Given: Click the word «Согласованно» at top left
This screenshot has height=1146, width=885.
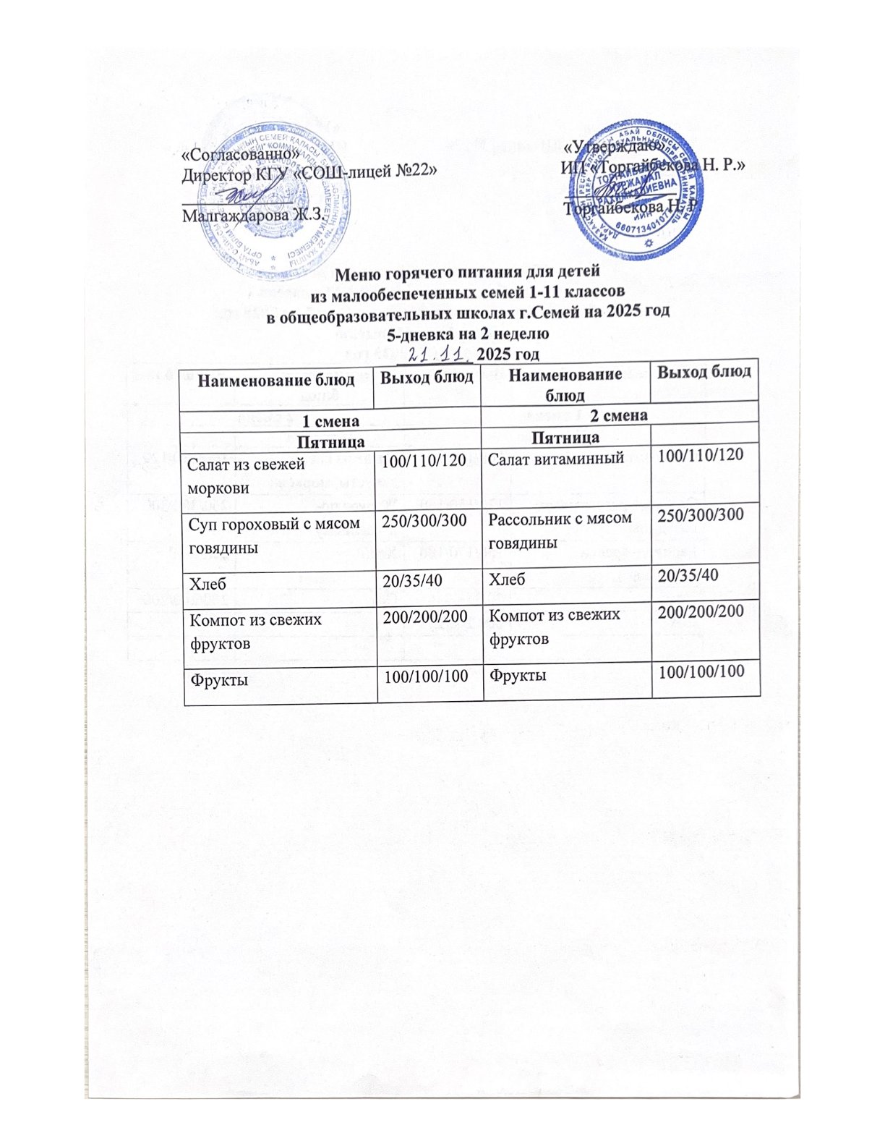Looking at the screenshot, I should (x=239, y=155).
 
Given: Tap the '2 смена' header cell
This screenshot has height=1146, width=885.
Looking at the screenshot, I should (x=618, y=415).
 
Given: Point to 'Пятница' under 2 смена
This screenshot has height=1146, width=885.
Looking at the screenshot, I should (x=565, y=437).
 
